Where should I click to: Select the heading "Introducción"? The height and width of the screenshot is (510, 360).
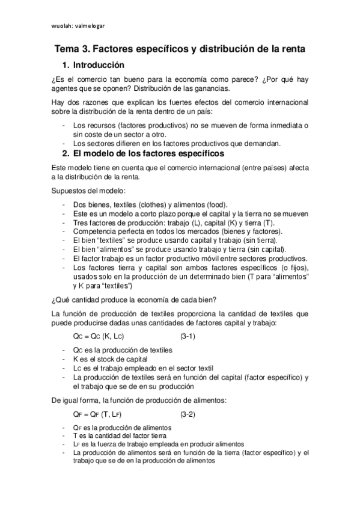pos(99,65)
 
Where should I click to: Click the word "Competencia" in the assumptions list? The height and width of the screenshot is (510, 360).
pos(97,231)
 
